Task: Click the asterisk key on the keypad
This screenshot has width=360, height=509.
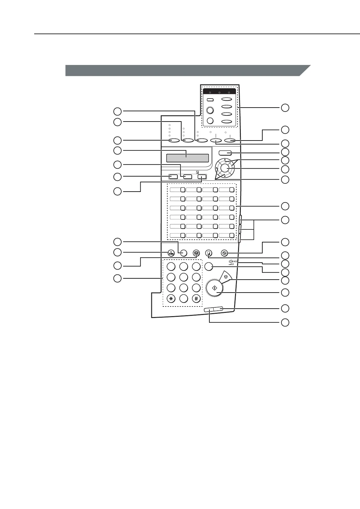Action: pos(171,299)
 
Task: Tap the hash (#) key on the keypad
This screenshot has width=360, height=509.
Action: pos(196,299)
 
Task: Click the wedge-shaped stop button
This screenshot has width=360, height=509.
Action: pos(226,276)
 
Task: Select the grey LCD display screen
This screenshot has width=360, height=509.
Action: pos(187,158)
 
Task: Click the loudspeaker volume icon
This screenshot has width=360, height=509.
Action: pos(231,262)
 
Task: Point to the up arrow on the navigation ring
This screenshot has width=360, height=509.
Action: pos(225,159)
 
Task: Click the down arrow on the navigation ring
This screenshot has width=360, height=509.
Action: pos(225,176)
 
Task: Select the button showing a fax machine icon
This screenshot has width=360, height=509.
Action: pos(171,253)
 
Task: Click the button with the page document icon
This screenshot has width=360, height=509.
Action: pos(209,253)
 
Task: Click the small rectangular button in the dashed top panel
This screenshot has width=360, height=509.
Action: pos(210,99)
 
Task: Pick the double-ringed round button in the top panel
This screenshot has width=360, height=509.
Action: pos(210,110)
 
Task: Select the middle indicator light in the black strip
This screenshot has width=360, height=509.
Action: pos(219,92)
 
